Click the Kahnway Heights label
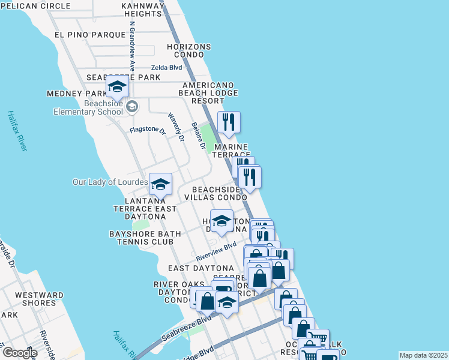[143, 10]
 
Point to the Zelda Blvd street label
[166, 68]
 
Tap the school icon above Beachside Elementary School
[117, 89]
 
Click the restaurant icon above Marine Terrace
[229, 122]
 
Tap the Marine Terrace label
[232, 151]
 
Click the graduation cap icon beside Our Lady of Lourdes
[160, 184]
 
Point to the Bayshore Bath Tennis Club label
[141, 238]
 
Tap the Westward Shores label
[39, 299]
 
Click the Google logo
[19, 353]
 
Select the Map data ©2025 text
[423, 355]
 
